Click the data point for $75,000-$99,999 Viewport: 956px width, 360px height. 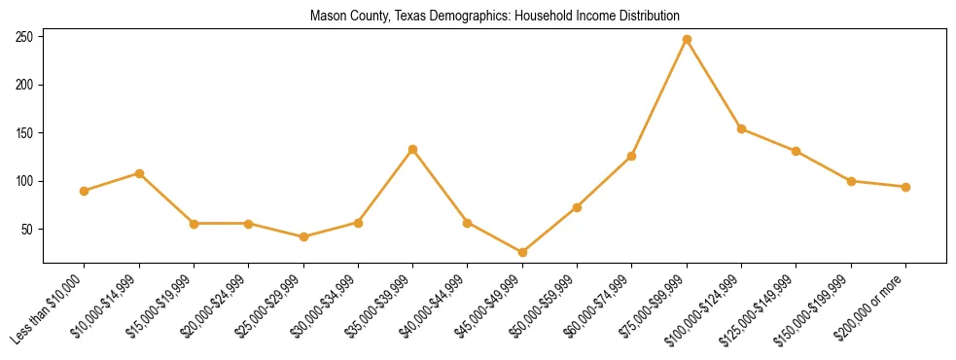point(687,40)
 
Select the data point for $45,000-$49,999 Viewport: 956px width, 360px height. point(522,253)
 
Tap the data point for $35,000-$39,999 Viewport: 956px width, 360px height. point(412,150)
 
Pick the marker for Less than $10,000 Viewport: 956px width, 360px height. point(84,191)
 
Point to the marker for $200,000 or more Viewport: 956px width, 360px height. point(905,187)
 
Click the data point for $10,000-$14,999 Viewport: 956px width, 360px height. point(139,173)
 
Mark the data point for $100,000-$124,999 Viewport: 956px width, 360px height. point(741,128)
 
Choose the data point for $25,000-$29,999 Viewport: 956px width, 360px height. point(303,236)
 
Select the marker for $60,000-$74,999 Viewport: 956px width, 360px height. point(632,156)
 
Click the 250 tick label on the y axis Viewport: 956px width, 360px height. point(25,37)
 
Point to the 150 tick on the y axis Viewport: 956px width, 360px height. point(25,133)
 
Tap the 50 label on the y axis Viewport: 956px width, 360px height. point(28,230)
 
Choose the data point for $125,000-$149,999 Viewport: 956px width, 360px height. point(797,151)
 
